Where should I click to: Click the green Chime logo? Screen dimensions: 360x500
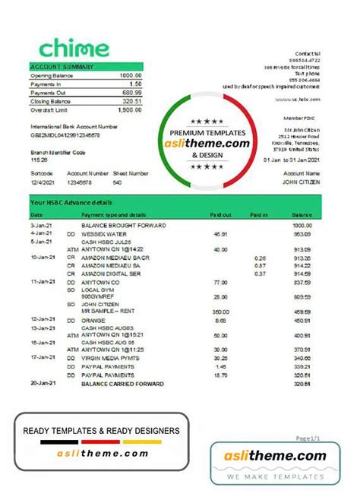(x=74, y=49)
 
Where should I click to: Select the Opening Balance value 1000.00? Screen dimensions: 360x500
(x=131, y=75)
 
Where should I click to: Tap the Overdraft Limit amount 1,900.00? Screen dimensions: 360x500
(x=130, y=109)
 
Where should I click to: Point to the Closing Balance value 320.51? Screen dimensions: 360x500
(x=132, y=101)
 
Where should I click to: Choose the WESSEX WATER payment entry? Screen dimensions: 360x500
(x=102, y=234)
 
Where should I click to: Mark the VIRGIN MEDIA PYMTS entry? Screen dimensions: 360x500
(x=110, y=358)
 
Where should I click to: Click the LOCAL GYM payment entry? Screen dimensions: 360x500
(x=96, y=290)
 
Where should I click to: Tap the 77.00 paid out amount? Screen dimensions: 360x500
(x=221, y=281)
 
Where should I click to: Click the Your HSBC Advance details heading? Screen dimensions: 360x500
(x=72, y=203)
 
